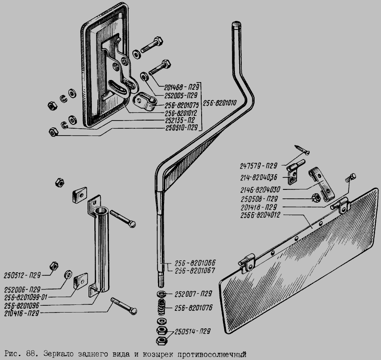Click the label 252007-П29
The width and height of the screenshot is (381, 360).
tap(193, 294)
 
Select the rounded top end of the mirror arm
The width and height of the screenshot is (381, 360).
tap(236, 24)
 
